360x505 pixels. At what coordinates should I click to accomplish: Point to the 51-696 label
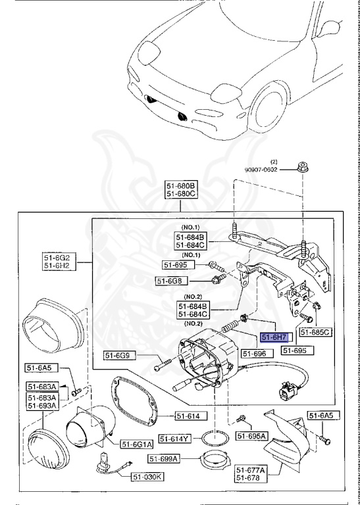255,354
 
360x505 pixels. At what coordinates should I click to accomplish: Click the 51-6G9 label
119,357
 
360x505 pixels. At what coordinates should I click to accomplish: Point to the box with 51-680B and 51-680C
180,190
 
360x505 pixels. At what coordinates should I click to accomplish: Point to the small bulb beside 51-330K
105,460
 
